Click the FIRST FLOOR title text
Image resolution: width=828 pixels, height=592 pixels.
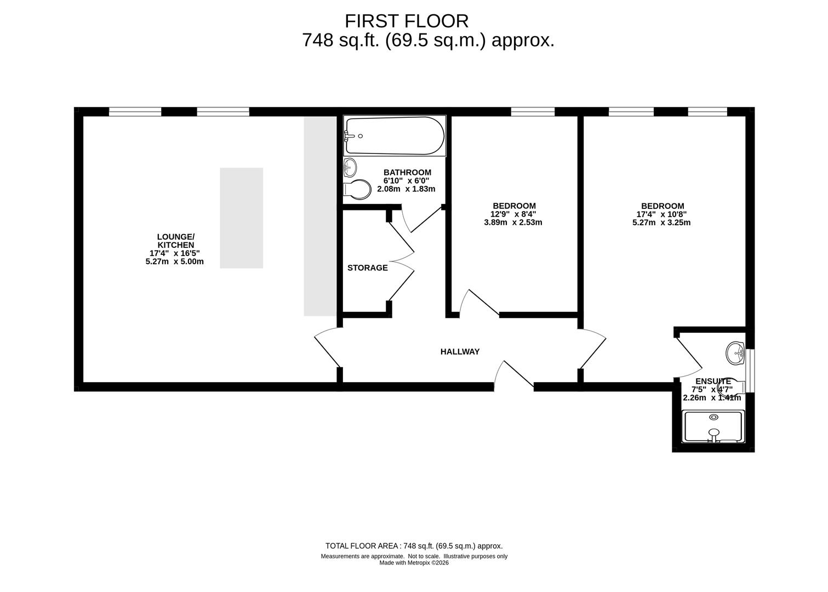(x=407, y=21)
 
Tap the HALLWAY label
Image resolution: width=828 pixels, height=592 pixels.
(x=460, y=352)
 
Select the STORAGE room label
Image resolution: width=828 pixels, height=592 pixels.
(x=368, y=267)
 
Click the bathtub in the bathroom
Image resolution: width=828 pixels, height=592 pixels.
(x=395, y=136)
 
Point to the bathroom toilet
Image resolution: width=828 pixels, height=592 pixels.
(x=357, y=190)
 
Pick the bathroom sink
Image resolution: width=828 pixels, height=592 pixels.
(x=350, y=168)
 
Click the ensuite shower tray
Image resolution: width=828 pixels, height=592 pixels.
(x=713, y=426)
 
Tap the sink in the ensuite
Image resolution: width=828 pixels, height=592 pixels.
(x=735, y=353)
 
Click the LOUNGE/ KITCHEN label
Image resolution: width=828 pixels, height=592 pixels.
(x=175, y=241)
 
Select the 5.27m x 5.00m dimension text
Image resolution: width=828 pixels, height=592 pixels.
(x=174, y=262)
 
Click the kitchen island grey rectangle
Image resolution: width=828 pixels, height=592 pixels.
(x=241, y=218)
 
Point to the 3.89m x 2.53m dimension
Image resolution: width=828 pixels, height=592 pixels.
(x=513, y=223)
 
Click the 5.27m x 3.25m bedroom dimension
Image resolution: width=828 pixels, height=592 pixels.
(x=661, y=223)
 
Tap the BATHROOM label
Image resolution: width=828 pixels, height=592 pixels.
(x=407, y=172)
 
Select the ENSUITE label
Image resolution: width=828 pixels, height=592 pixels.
(x=713, y=381)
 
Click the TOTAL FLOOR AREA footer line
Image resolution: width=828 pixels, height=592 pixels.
(x=414, y=546)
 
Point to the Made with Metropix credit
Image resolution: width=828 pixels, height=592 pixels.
(x=414, y=563)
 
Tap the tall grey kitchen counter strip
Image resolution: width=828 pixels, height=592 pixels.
(x=320, y=217)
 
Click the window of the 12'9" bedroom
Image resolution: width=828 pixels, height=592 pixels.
(x=533, y=112)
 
